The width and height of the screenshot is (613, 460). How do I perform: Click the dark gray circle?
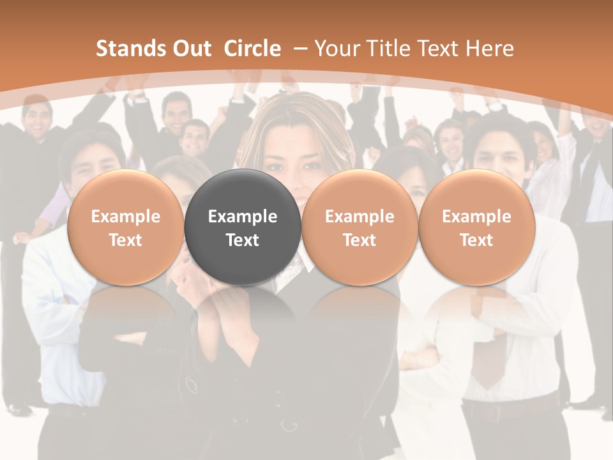[x=242, y=227]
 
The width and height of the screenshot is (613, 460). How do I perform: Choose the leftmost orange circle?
[x=125, y=227]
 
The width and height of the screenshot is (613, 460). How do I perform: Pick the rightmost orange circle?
[x=476, y=227]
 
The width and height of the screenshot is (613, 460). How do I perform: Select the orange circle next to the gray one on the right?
[x=359, y=227]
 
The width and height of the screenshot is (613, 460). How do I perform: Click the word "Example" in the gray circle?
[x=242, y=217]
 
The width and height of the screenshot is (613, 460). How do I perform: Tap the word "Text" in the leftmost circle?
[x=125, y=240]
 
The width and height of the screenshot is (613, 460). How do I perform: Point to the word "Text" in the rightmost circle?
[x=476, y=240]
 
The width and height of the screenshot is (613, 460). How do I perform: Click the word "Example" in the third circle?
[x=359, y=217]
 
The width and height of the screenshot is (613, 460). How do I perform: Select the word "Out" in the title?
[x=192, y=49]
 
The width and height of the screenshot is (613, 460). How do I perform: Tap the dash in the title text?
[x=300, y=49]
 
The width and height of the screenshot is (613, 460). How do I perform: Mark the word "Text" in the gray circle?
[x=242, y=240]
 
